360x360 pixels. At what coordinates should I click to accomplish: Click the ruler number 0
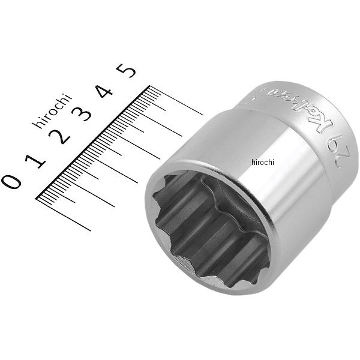click(13, 181)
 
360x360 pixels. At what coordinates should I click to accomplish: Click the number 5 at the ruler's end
click(128, 71)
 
